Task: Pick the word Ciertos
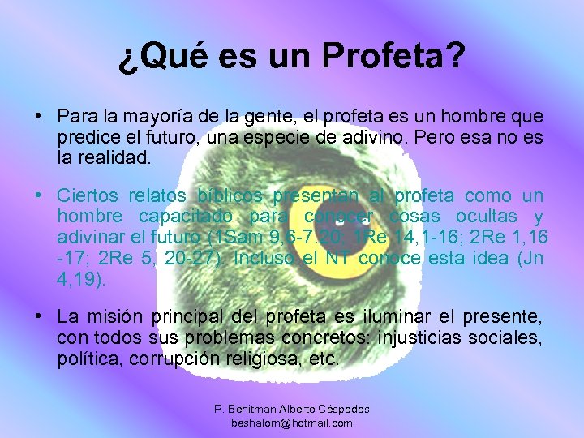[81, 195]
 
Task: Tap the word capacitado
[184, 217]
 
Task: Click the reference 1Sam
[235, 238]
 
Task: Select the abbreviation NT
[338, 259]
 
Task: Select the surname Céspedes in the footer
[341, 410]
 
